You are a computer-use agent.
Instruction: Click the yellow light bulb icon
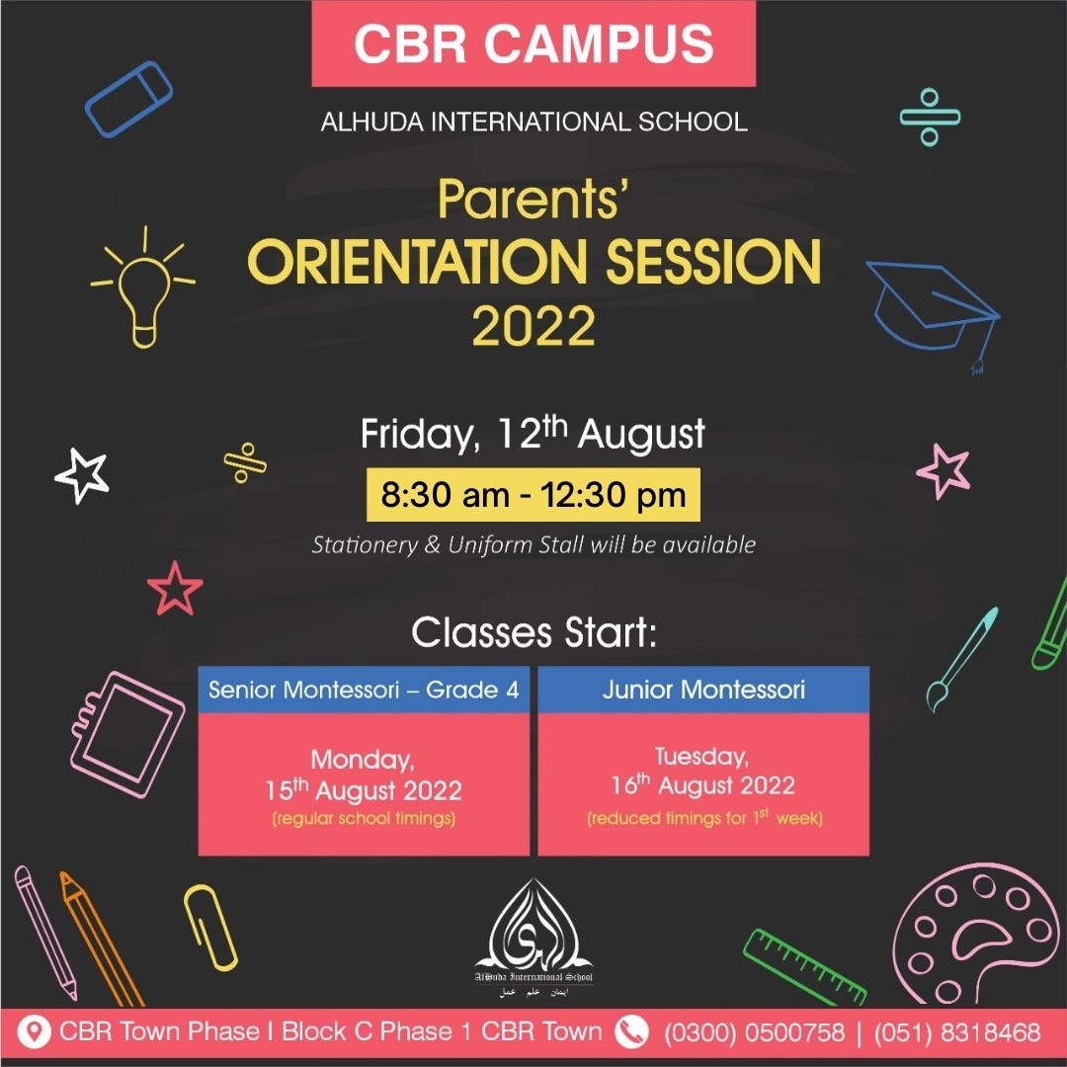point(143,299)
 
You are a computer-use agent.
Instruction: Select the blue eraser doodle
point(128,99)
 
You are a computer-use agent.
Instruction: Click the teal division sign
point(930,117)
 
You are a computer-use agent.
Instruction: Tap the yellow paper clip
point(210,927)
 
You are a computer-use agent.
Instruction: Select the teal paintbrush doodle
point(962,659)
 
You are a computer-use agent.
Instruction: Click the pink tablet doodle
point(127,734)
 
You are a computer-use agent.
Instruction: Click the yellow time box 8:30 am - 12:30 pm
point(533,495)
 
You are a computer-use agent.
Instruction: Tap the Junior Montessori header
point(703,690)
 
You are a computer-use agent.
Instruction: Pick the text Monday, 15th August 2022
point(364,776)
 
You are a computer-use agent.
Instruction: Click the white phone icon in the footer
point(631,1031)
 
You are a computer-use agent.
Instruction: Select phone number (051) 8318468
point(957,1032)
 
